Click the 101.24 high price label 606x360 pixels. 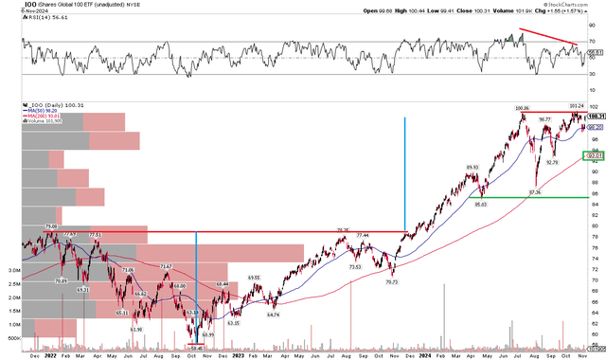click(574, 106)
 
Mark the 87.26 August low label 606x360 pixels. click(534, 192)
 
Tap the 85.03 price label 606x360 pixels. click(482, 204)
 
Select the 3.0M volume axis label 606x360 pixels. click(14, 269)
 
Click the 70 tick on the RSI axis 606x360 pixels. click(592, 43)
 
